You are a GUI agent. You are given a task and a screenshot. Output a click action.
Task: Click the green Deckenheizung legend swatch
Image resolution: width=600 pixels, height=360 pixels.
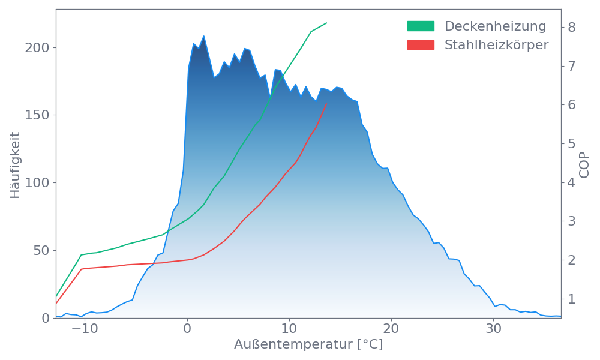[x=421, y=26]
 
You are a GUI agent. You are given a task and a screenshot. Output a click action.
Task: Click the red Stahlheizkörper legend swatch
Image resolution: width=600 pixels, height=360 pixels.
[x=421, y=45]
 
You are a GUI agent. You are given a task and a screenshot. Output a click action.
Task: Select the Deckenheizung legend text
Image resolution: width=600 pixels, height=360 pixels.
[x=495, y=26]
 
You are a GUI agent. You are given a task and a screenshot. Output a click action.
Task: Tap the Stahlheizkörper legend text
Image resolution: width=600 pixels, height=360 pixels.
[x=496, y=45]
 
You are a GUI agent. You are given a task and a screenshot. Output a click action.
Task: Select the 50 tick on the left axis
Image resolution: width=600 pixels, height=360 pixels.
[x=40, y=250]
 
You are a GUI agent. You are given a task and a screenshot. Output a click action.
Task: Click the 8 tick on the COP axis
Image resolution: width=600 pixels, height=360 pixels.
[x=572, y=27]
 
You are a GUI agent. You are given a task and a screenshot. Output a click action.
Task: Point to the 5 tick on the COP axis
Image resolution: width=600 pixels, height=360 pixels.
[x=572, y=143]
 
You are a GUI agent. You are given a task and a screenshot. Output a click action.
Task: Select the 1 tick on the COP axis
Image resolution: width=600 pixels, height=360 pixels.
[x=572, y=299]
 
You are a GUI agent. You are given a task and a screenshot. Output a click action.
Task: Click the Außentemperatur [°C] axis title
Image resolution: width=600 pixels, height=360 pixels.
[x=308, y=345]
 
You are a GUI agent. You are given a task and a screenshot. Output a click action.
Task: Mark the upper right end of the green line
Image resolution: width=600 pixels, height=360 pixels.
[x=327, y=23]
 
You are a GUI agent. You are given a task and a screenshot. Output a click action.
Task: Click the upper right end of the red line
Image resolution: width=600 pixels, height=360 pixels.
[x=326, y=104]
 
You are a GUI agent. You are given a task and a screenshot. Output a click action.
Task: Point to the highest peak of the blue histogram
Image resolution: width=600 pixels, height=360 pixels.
[x=204, y=36]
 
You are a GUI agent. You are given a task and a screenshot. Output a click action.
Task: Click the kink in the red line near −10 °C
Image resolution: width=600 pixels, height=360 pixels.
[x=82, y=269]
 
